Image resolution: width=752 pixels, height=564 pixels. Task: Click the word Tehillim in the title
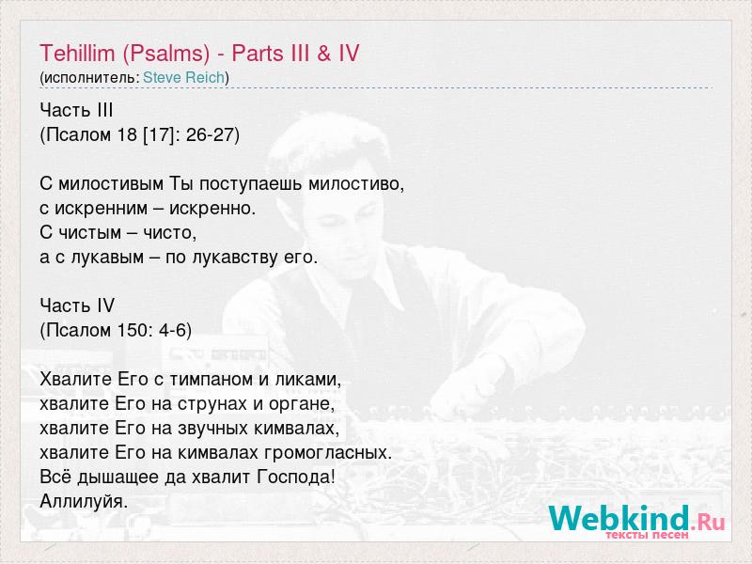[77, 53]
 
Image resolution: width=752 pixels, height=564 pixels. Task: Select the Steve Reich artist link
[183, 77]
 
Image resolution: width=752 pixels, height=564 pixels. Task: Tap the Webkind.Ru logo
[637, 522]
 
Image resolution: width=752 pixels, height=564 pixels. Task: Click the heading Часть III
[76, 110]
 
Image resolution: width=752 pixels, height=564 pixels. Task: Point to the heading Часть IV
[77, 305]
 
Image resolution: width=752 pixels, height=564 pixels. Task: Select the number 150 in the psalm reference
[132, 330]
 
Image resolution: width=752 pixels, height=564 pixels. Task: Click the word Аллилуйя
[84, 501]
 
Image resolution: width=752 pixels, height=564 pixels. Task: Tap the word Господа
[296, 477]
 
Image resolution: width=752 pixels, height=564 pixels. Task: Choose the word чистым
[89, 232]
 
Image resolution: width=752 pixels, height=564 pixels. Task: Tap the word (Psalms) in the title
[166, 54]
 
